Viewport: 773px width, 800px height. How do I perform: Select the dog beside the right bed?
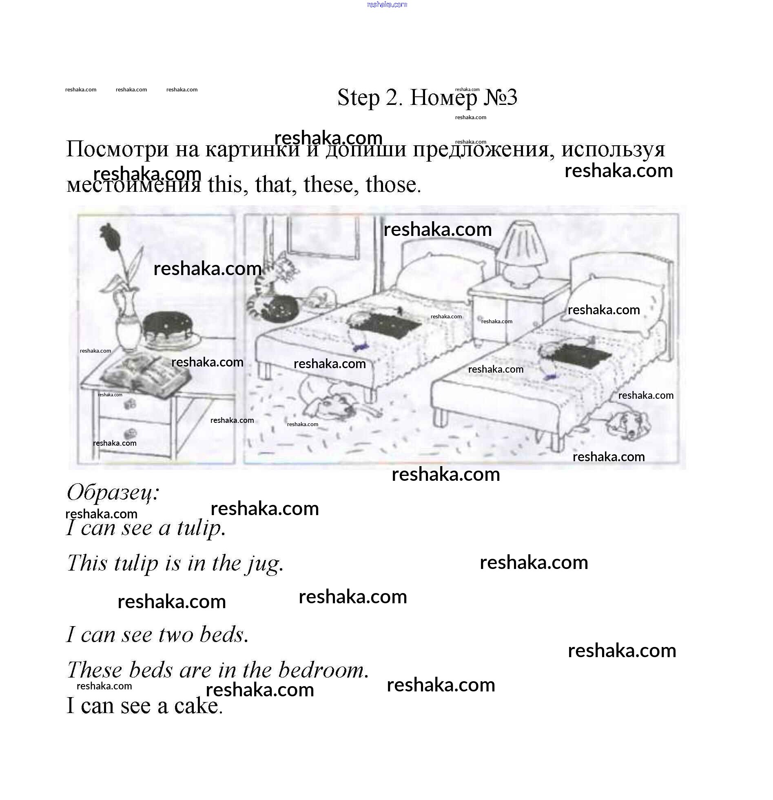point(628,424)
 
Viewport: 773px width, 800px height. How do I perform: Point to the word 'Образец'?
point(110,493)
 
